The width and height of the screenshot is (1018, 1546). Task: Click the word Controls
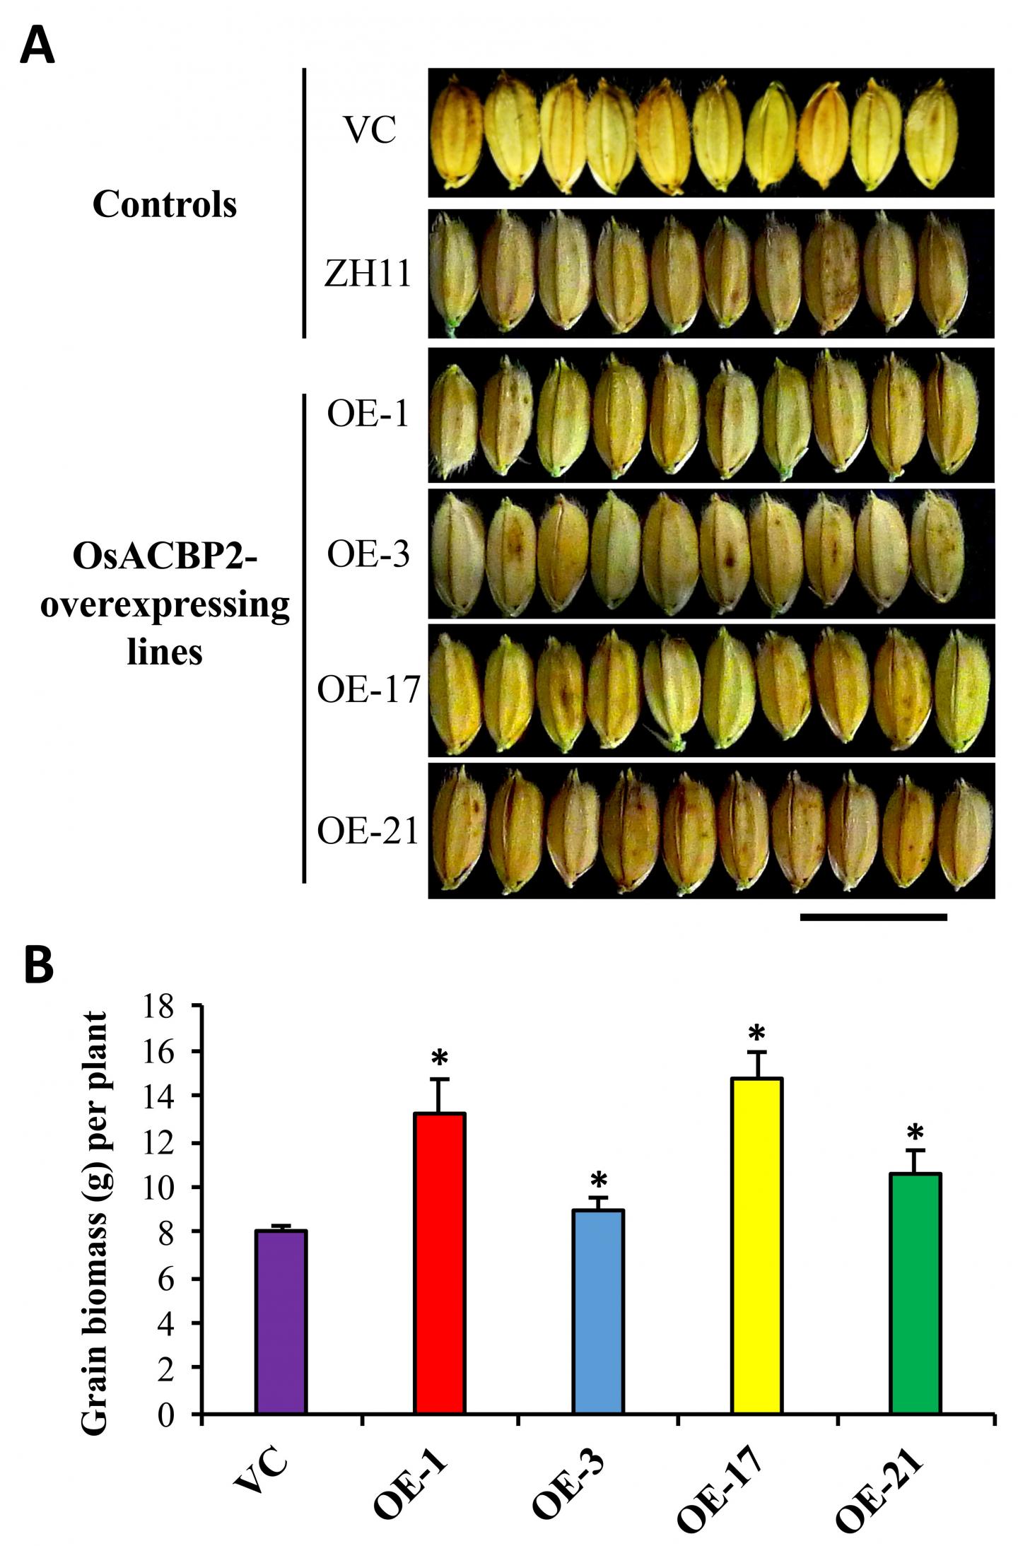tap(165, 205)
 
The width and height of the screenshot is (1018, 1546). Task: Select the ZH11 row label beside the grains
tap(368, 273)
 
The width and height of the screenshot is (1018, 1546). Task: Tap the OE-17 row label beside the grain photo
tap(368, 689)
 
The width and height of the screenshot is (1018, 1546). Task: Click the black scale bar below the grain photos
tap(873, 918)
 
